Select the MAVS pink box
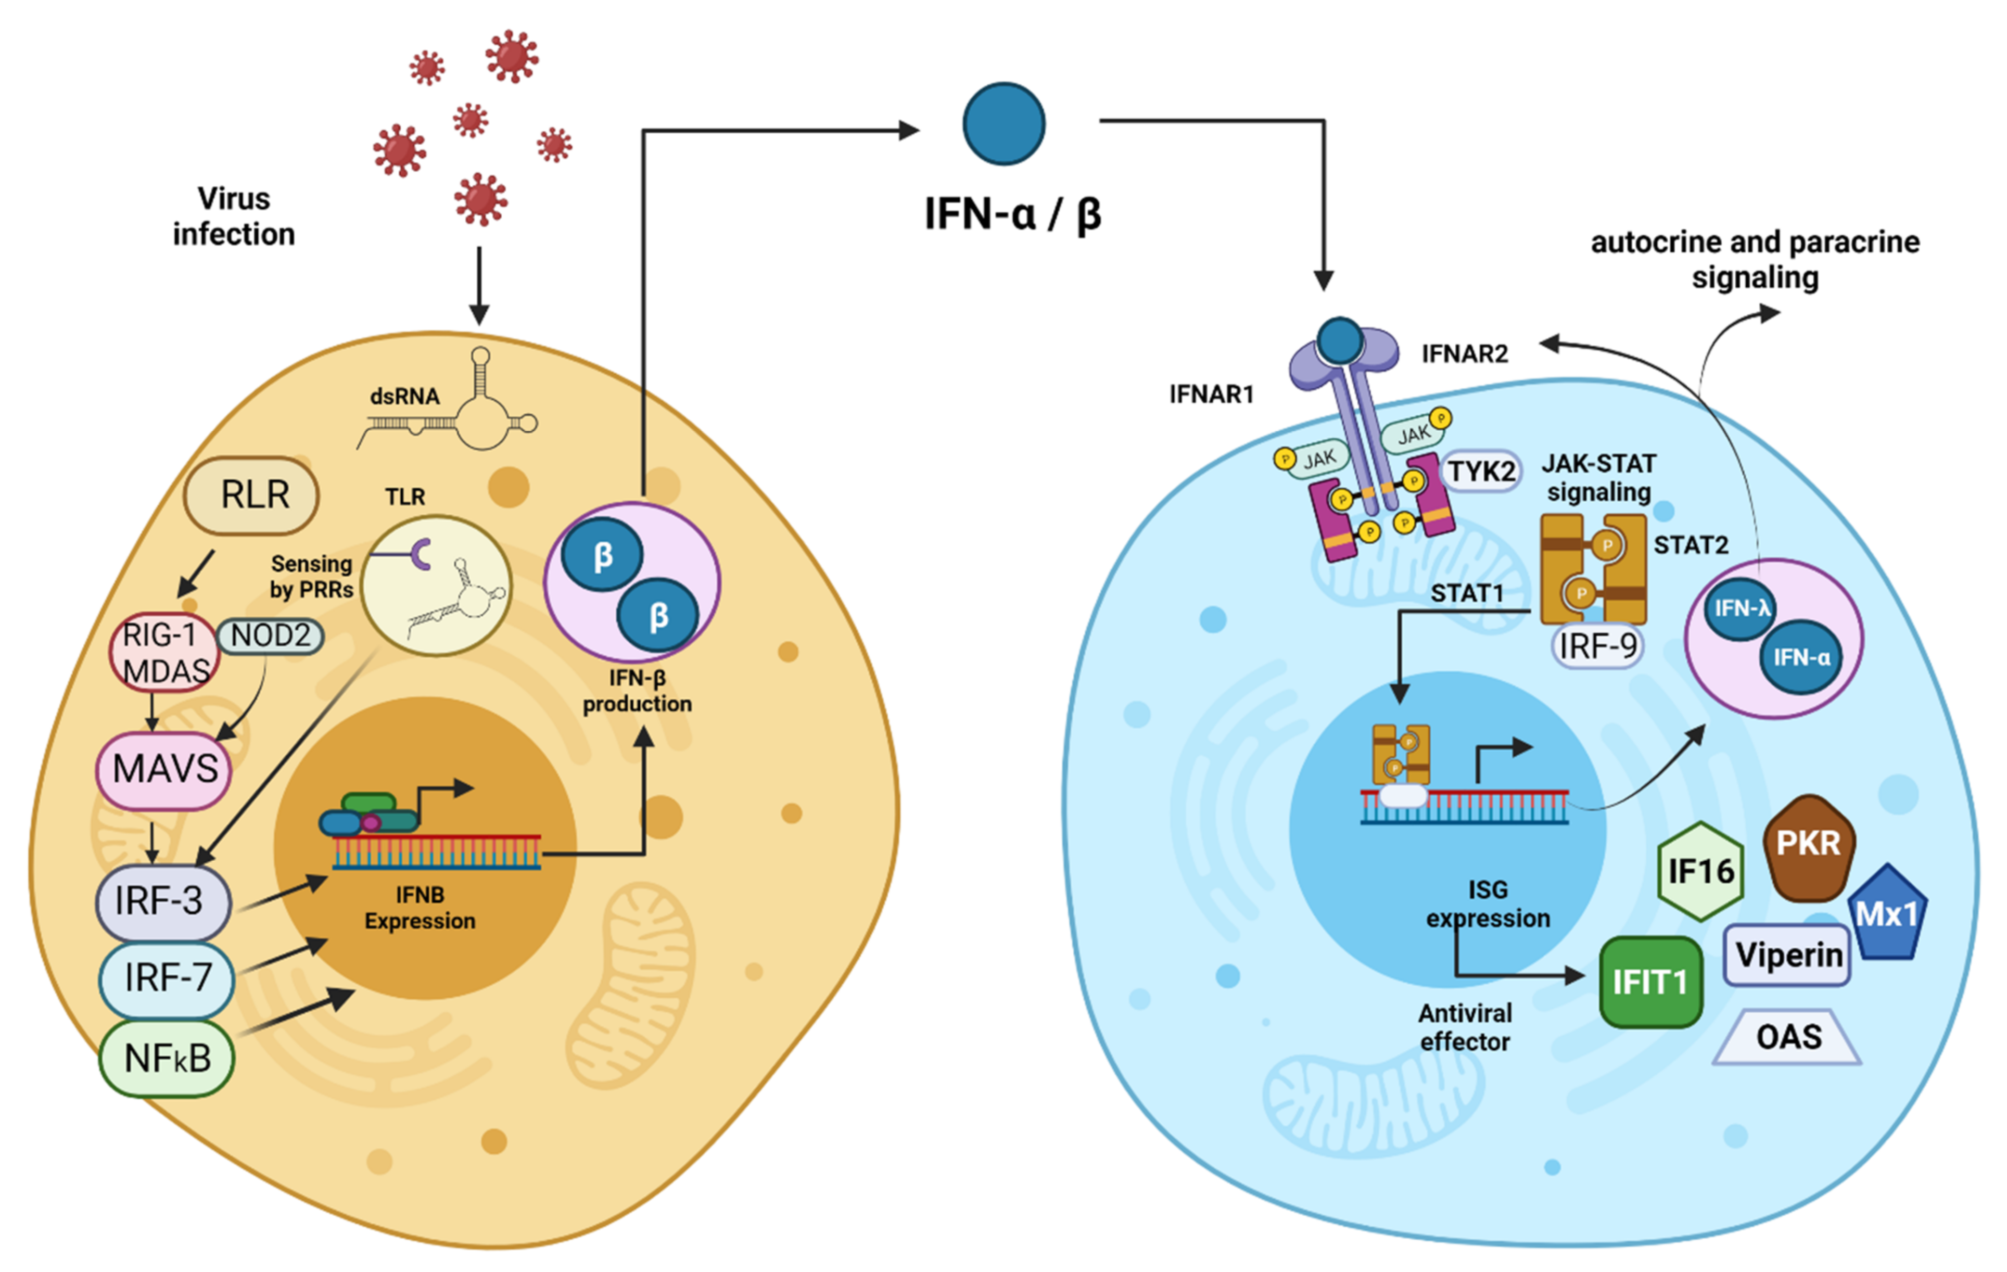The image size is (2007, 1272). [164, 769]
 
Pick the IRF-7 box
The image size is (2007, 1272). [167, 978]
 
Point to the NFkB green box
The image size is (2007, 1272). [167, 1059]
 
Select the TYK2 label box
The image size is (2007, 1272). [1480, 472]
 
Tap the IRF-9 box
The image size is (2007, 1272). [1597, 646]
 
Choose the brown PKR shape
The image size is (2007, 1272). [1808, 845]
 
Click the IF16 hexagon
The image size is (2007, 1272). [1700, 872]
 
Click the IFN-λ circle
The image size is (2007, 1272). [1741, 609]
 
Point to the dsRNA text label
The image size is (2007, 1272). [404, 397]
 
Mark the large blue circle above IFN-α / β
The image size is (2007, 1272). [1004, 123]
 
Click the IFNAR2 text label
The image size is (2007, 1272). [1465, 354]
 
